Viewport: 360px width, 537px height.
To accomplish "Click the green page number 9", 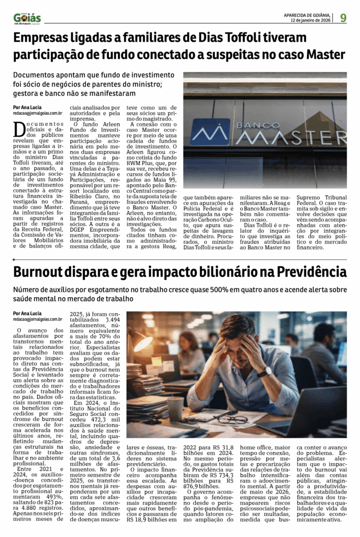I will coord(343,18).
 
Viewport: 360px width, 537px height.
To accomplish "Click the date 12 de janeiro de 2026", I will coord(311,20).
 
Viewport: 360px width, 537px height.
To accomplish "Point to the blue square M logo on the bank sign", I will coord(210,132).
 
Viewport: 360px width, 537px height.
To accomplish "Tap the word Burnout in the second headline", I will coord(44,272).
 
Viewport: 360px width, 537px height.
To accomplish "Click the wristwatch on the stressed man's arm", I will coord(265,371).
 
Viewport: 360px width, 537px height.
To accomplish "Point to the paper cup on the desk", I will coord(176,408).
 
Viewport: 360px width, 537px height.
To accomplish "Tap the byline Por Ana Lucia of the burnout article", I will coord(28,313).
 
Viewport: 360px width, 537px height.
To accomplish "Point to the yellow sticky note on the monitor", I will coord(157,361).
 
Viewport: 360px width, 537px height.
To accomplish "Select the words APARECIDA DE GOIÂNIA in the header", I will coord(307,15).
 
